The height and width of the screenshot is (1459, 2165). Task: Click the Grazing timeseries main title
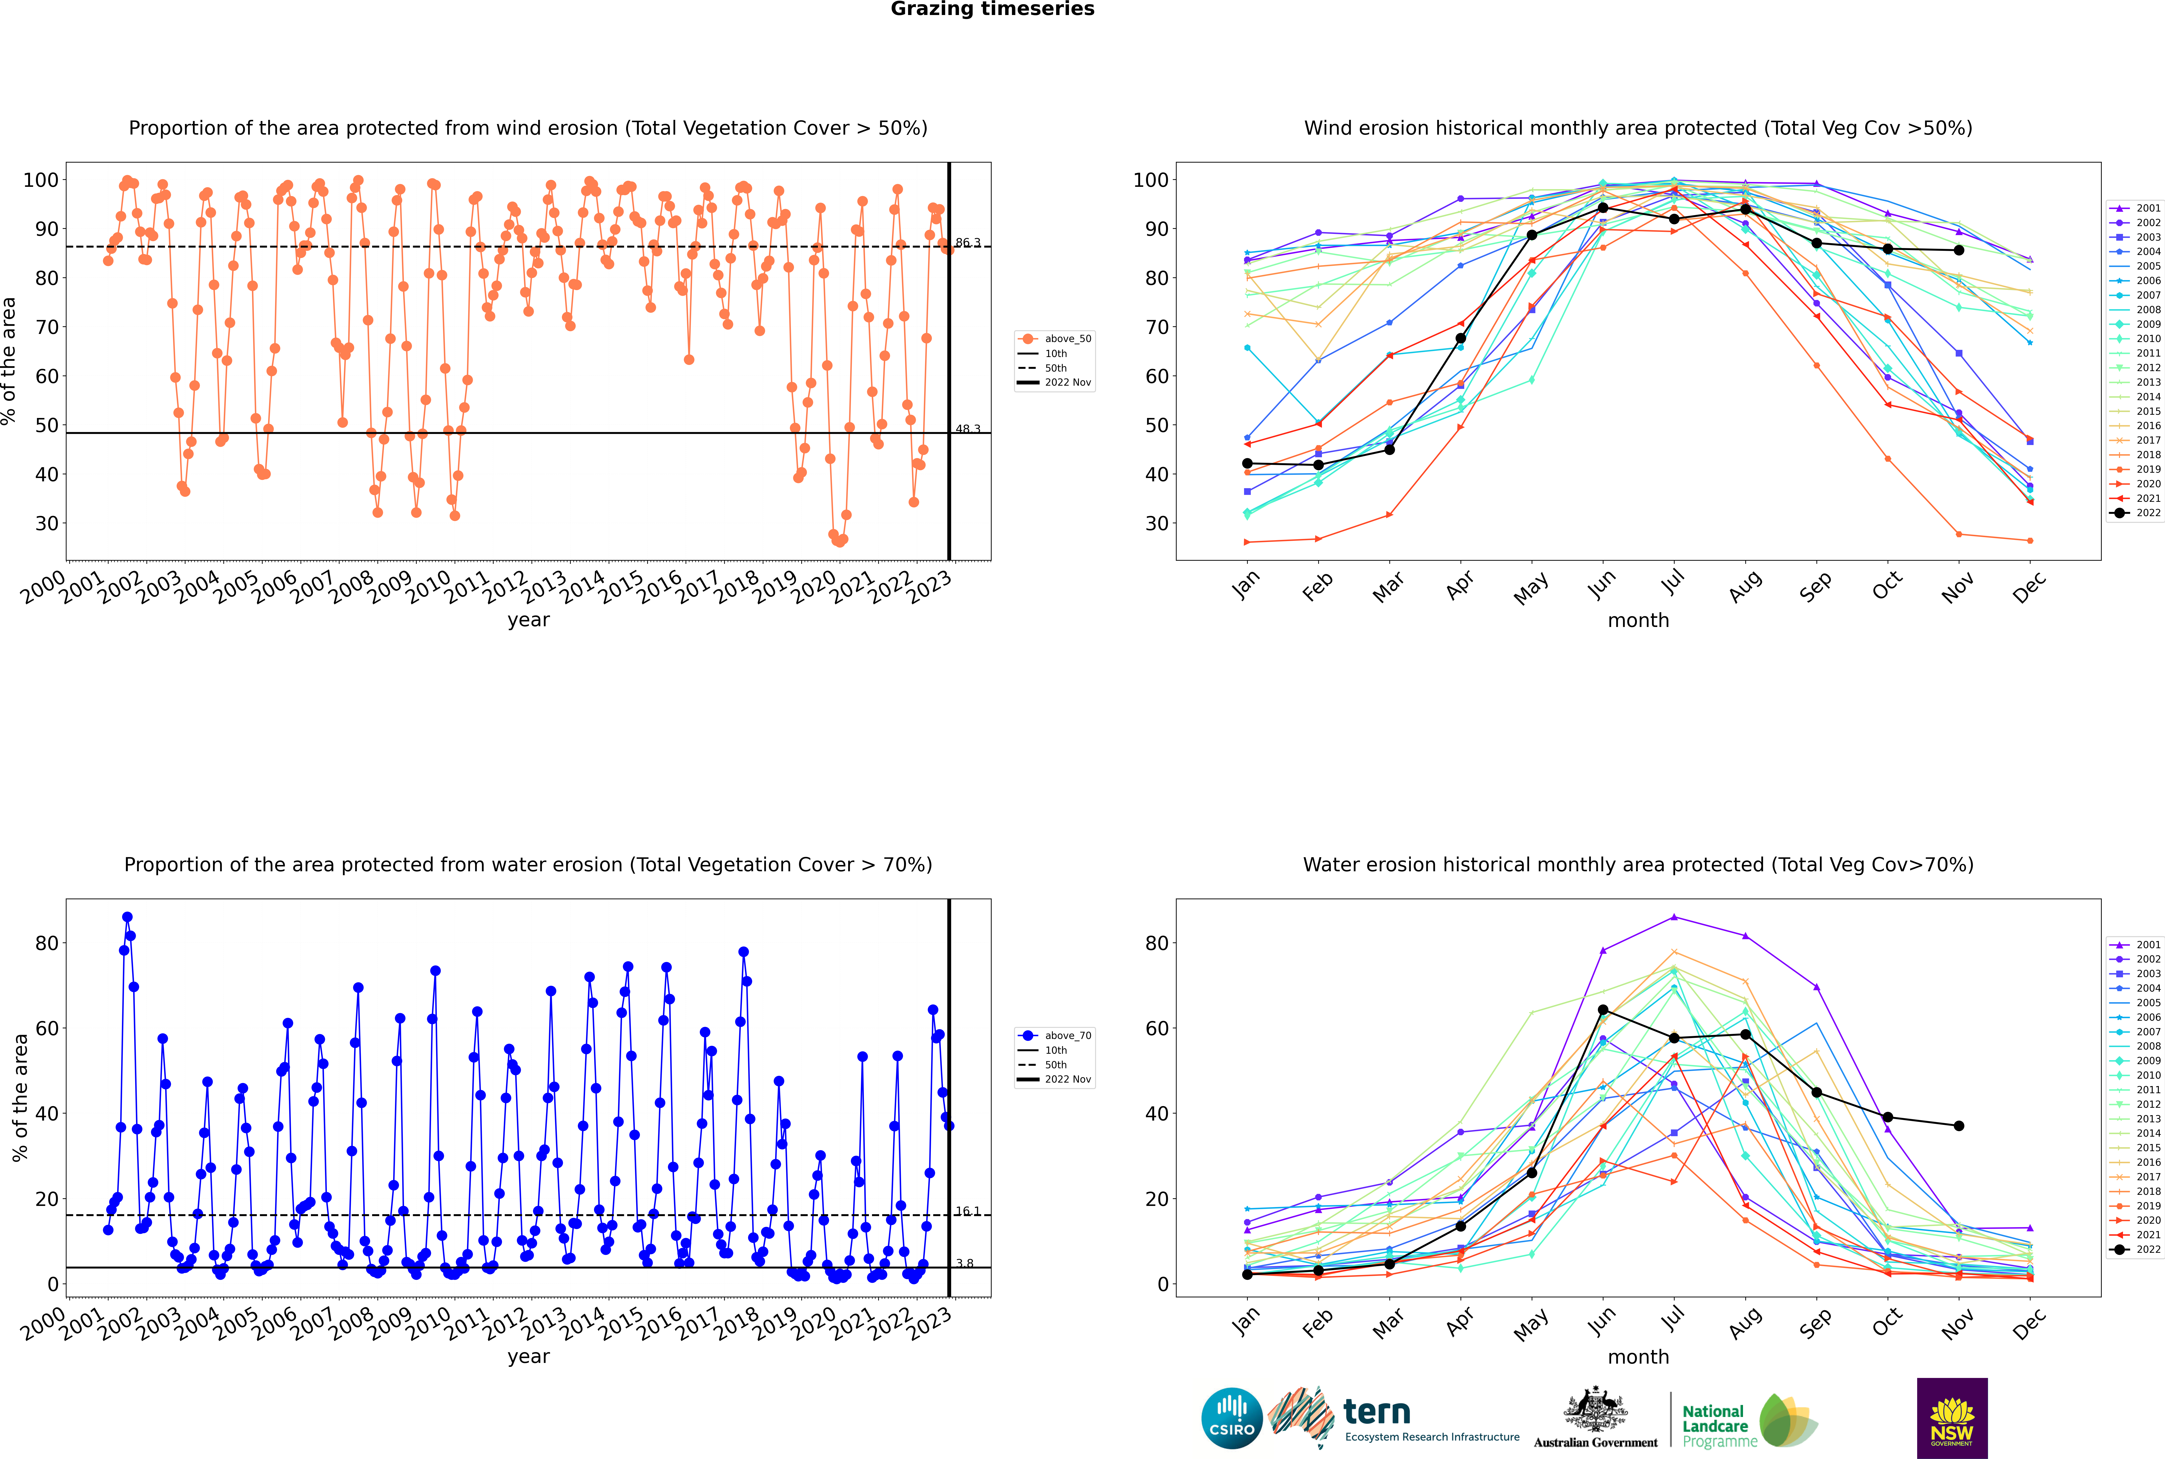coord(992,9)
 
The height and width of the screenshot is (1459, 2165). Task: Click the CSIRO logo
coord(1231,1418)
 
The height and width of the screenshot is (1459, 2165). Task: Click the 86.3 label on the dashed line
coord(968,243)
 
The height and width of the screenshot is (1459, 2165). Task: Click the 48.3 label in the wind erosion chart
coord(968,429)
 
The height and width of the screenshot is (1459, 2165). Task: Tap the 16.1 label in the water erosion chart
coord(968,1211)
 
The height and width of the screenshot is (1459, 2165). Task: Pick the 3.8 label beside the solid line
coord(965,1264)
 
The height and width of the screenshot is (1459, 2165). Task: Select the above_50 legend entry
coord(1055,339)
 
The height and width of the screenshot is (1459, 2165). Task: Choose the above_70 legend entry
coord(1055,1036)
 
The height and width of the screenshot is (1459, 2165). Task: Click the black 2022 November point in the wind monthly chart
coord(1959,250)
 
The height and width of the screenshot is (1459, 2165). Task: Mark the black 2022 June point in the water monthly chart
coord(1603,1010)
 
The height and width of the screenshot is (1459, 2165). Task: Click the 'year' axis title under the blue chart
coord(529,1357)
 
